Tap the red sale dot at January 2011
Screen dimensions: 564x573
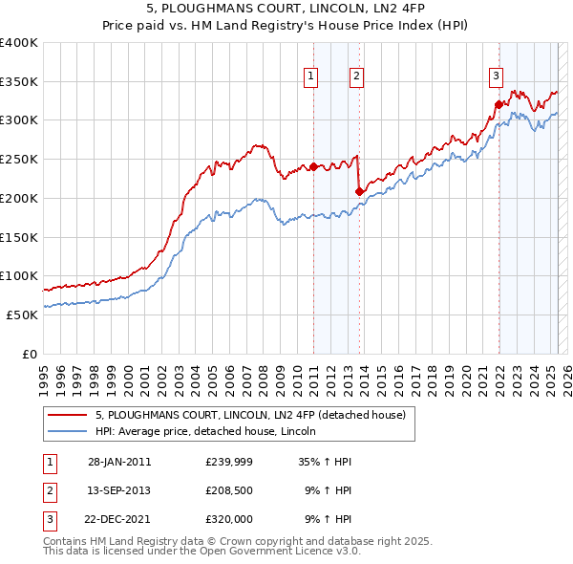pyautogui.click(x=313, y=166)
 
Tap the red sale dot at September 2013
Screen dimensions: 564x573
pyautogui.click(x=358, y=191)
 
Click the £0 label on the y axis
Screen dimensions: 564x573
pyautogui.click(x=29, y=354)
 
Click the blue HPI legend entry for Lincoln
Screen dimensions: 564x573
pyautogui.click(x=211, y=431)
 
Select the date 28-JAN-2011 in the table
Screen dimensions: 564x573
pyautogui.click(x=119, y=462)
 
